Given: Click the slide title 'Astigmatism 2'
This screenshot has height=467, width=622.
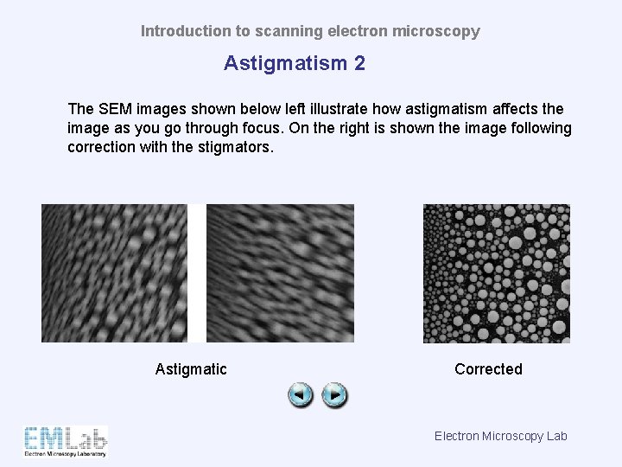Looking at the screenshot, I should coord(294,63).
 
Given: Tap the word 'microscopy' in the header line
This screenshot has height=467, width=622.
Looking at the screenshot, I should coord(435,31).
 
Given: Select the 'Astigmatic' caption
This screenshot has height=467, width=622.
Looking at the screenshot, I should coord(191,369).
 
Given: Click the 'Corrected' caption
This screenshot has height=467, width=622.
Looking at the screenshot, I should coord(488,369).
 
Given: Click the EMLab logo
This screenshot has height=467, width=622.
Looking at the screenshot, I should coord(66,440).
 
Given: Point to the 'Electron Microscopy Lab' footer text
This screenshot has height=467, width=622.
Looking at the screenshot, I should coord(500,436).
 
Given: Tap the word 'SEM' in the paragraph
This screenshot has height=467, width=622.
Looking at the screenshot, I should coord(114,109).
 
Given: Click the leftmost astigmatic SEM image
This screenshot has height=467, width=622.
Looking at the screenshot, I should coord(114,273).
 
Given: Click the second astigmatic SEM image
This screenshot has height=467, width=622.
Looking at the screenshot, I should coord(281,273).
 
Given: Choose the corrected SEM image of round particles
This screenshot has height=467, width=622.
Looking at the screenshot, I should coord(496,273).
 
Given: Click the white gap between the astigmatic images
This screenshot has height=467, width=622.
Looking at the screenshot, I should coord(197,273).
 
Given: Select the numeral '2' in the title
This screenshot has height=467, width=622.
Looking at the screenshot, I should coord(359,63).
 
